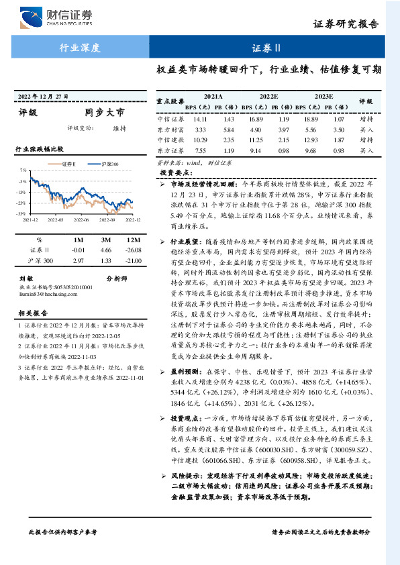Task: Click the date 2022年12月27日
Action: [43, 97]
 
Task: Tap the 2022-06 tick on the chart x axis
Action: [81, 219]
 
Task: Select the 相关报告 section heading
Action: [32, 312]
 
